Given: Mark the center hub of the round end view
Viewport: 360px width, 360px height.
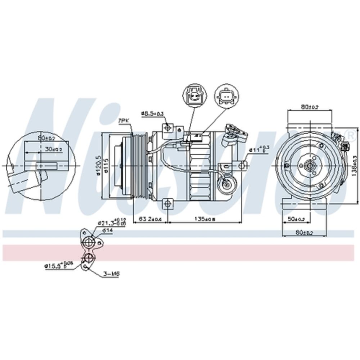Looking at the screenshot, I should pos(309,166).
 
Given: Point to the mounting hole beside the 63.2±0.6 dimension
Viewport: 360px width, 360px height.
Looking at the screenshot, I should pos(167,204).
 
